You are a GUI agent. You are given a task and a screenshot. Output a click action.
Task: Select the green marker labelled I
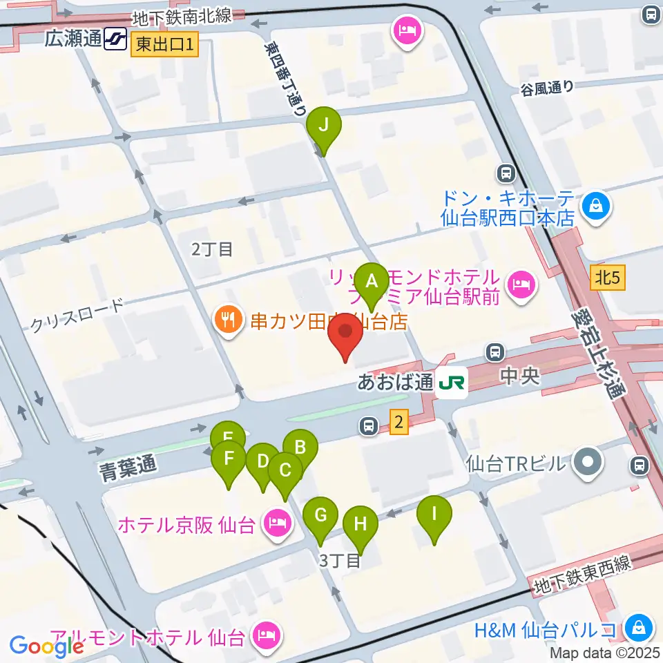434,515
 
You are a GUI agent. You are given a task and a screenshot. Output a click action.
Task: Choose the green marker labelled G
320,516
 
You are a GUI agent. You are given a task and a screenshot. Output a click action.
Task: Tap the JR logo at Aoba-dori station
452,381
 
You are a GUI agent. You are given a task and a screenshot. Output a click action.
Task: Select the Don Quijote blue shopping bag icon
595,206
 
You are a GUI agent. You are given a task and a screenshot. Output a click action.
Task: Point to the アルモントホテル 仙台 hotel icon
263,633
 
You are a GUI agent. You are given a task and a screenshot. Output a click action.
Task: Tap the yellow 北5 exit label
608,278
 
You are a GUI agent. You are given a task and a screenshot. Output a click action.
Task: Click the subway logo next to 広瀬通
115,39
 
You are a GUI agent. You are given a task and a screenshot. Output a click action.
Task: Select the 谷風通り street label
547,88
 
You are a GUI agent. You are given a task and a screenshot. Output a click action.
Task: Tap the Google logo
46,646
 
